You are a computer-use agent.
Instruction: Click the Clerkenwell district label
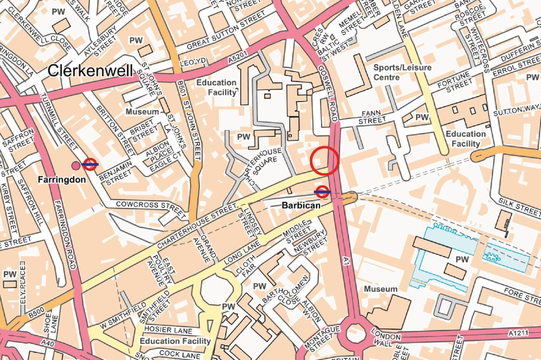(x=90, y=71)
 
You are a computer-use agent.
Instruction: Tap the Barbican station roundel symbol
(x=322, y=192)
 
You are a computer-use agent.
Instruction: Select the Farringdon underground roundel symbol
(x=90, y=164)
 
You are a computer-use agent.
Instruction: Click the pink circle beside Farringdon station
(x=76, y=166)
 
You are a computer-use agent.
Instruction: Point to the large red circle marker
(x=324, y=161)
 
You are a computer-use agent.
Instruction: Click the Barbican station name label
(x=301, y=205)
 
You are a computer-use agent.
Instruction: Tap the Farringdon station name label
(x=62, y=180)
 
